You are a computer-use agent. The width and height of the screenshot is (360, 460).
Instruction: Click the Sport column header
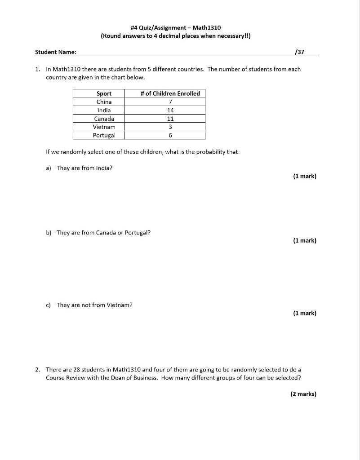pos(104,93)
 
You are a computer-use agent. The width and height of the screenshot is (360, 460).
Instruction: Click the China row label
pos(104,102)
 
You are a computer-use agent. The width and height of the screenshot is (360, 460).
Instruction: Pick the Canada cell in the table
pos(104,119)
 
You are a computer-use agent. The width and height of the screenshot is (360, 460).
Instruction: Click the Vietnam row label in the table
pos(104,127)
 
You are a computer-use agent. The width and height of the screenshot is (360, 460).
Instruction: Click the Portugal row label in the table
pos(104,135)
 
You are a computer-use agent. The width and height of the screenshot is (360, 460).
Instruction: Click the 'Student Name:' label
pos(56,52)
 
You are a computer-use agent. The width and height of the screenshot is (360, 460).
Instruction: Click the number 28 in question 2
pos(76,370)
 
